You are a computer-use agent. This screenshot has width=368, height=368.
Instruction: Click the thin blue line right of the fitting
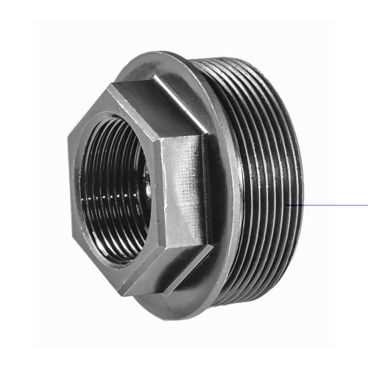(x=331, y=205)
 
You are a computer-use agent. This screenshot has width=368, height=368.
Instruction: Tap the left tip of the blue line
(x=287, y=205)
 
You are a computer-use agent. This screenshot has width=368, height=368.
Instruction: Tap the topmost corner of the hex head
(x=110, y=85)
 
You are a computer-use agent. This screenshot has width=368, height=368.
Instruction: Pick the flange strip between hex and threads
(x=224, y=184)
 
